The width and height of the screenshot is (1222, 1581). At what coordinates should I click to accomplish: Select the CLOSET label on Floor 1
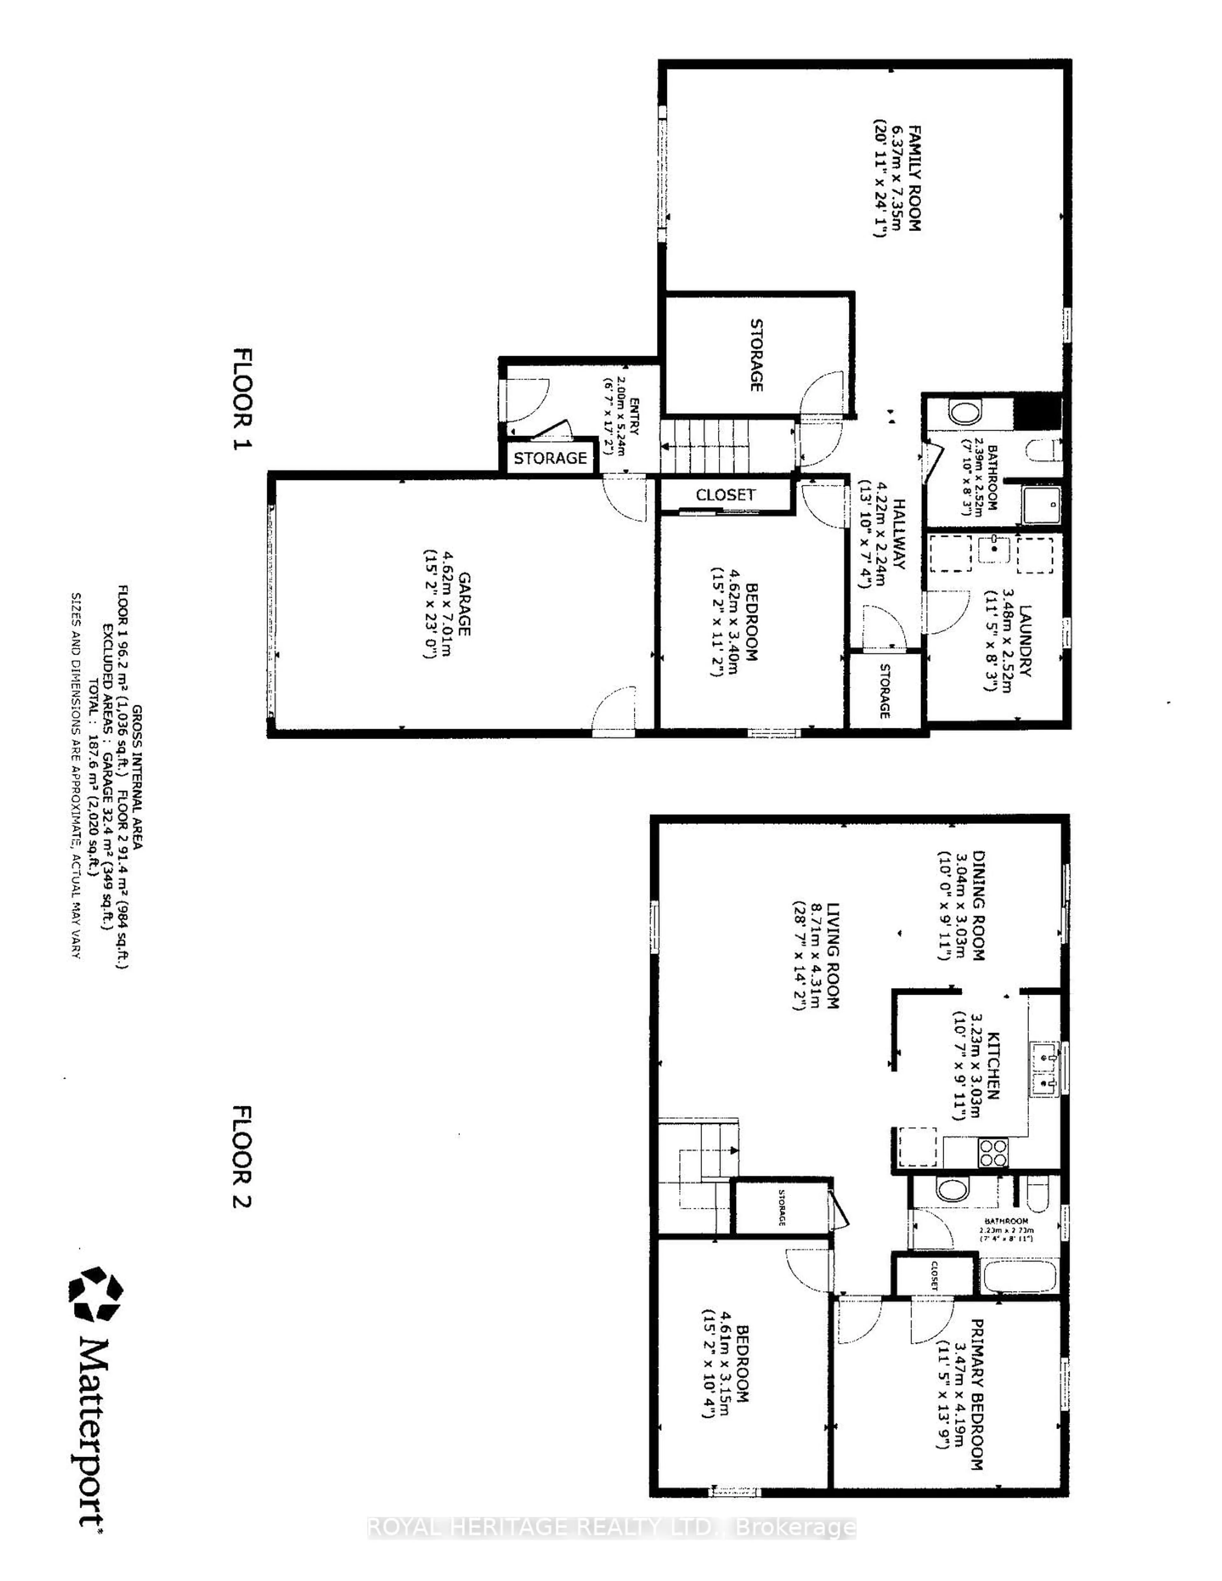point(725,495)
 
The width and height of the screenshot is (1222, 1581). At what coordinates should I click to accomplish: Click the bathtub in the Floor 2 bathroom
point(1023,1274)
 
